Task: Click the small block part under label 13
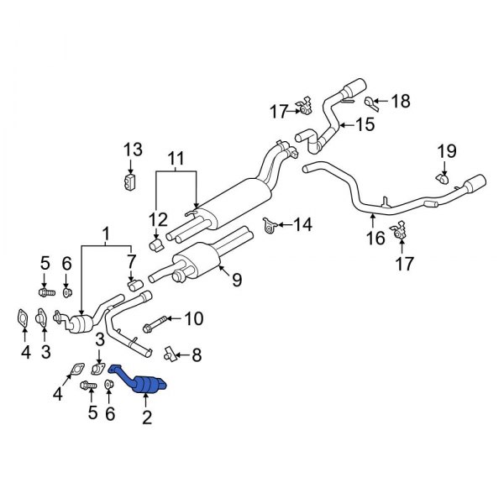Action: point(129,181)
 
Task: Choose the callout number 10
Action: point(193,318)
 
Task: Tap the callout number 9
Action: point(237,281)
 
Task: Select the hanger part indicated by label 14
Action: point(270,225)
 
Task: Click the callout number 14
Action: point(302,224)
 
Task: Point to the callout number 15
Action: point(365,126)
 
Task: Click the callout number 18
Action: point(401,102)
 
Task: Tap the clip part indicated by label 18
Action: point(373,102)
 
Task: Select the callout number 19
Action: point(446,152)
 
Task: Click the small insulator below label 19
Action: point(441,178)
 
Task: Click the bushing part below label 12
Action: point(155,244)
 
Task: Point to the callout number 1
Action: point(106,232)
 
